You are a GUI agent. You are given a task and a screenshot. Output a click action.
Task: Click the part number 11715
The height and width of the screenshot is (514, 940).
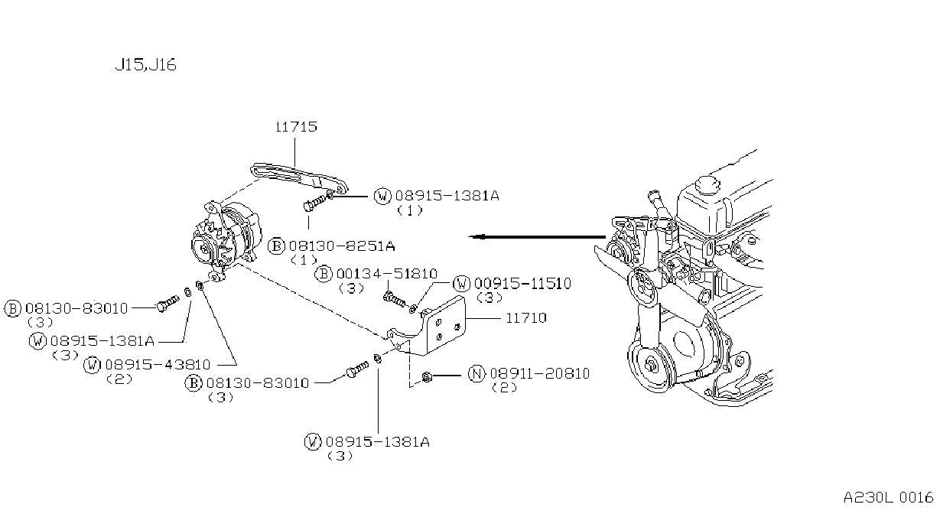pyautogui.click(x=296, y=126)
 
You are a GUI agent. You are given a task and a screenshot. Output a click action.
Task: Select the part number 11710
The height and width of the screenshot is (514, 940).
pyautogui.click(x=525, y=317)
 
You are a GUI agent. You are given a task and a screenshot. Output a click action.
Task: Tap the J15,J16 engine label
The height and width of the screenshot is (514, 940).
pyautogui.click(x=145, y=65)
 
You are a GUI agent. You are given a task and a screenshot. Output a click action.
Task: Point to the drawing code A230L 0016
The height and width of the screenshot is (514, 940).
pyautogui.click(x=888, y=497)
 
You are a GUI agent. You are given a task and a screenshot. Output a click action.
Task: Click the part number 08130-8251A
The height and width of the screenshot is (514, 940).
pyautogui.click(x=342, y=246)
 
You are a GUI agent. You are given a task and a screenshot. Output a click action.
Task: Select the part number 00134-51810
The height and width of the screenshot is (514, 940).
pyautogui.click(x=387, y=274)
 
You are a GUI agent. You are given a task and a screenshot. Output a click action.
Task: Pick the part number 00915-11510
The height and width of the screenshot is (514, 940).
pyautogui.click(x=523, y=284)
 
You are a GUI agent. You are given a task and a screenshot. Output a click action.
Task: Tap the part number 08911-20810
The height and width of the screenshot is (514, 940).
pyautogui.click(x=540, y=373)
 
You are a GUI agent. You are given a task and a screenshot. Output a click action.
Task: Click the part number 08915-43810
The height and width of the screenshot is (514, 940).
pyautogui.click(x=158, y=365)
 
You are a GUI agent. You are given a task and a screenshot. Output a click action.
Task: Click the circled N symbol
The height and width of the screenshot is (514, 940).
pyautogui.click(x=477, y=373)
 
